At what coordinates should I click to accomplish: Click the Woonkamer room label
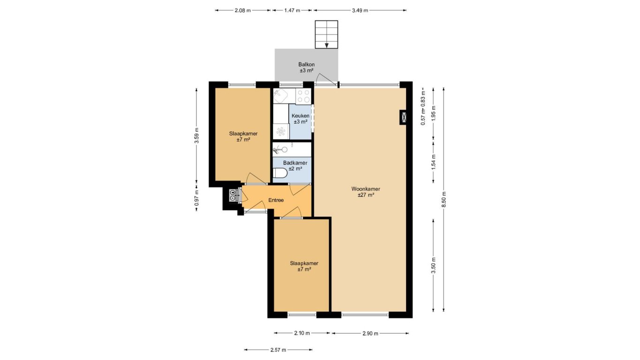366,189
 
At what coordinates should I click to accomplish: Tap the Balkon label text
306,65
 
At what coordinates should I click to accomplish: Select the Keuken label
300,116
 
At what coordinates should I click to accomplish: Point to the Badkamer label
295,163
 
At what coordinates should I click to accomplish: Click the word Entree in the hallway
276,200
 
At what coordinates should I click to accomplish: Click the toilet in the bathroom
280,173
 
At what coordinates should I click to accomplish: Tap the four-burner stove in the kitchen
303,96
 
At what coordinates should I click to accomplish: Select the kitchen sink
281,96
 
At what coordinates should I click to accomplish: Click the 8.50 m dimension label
444,199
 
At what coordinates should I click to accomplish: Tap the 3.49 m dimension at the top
360,11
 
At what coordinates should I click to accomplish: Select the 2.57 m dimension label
278,350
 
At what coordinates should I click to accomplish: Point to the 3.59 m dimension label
196,135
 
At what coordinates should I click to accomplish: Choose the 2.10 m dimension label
302,333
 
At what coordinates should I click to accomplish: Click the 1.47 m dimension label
292,11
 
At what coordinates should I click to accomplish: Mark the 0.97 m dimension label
196,198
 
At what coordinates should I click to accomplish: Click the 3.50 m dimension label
433,265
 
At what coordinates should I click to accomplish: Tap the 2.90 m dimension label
370,333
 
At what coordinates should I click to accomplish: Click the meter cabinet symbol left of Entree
233,195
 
